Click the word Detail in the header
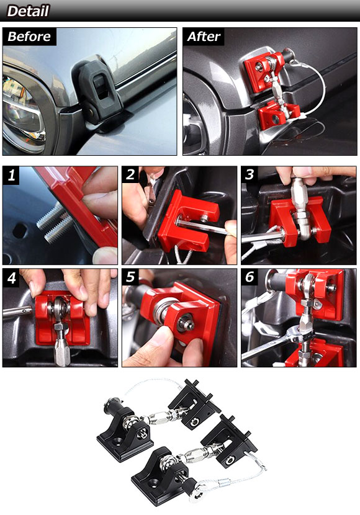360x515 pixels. pos(28,11)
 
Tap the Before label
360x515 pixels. pos(29,37)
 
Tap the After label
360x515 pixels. pos(204,37)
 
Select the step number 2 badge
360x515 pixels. pos(130,174)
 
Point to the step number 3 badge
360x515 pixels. pos(250,174)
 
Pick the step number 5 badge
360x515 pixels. pos(130,277)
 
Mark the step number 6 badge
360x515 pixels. pos(250,277)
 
